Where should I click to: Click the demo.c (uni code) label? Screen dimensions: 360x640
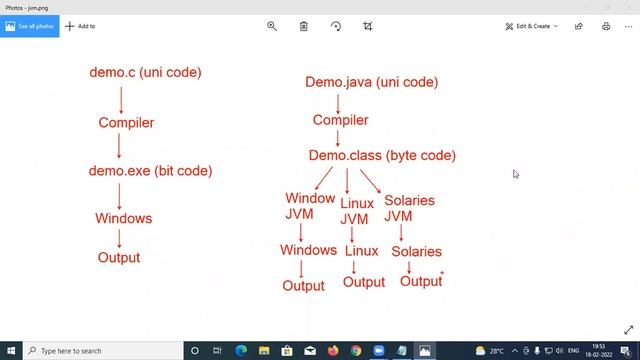(145, 72)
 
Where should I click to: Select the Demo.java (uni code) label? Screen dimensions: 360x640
(371, 82)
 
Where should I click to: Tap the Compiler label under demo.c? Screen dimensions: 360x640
(126, 123)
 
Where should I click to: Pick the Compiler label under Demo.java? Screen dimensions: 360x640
(340, 120)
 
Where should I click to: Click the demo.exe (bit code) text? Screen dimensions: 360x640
(150, 171)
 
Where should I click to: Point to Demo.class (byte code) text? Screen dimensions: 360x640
(381, 155)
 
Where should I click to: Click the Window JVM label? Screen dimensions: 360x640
(308, 206)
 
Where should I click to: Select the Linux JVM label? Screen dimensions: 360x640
(356, 211)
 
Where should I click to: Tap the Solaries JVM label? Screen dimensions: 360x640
(408, 207)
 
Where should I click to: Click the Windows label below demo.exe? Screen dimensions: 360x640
(123, 218)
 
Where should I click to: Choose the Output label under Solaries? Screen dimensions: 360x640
(421, 281)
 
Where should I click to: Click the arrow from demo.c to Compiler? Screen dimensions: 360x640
(121, 98)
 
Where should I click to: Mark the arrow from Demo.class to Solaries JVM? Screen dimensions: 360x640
(370, 180)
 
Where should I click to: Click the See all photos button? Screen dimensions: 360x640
(30, 26)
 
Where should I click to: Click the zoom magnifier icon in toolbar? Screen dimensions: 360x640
(271, 26)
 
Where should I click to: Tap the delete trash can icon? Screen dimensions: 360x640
(303, 26)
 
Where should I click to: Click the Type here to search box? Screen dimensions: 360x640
(100, 351)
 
